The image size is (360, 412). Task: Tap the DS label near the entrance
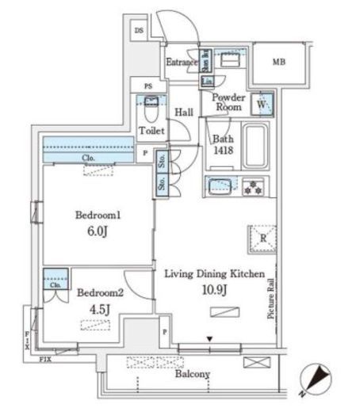click(x=140, y=31)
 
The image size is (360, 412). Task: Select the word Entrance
click(x=181, y=62)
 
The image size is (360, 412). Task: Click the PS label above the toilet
click(x=147, y=86)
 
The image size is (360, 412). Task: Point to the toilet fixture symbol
click(x=149, y=107)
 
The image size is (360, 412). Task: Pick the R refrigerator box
click(x=262, y=237)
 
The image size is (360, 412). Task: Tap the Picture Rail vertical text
click(x=271, y=297)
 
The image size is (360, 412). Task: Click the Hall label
click(x=185, y=113)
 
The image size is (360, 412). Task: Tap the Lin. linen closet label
click(x=206, y=82)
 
